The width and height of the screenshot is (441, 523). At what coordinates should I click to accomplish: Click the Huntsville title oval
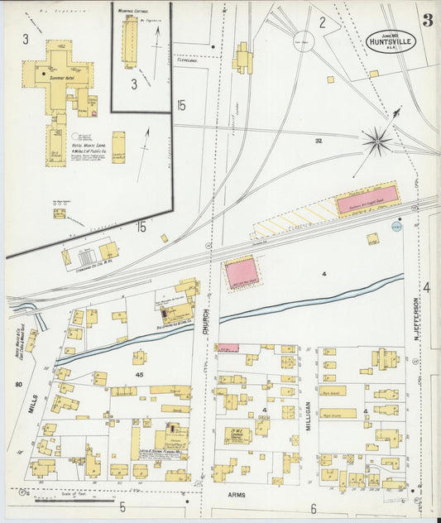coord(391,41)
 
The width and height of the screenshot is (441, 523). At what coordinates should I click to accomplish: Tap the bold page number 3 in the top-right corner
coord(427,21)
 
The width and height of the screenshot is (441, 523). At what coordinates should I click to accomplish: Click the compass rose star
coord(377,142)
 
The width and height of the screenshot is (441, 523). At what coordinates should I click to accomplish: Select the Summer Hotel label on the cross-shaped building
coord(62,78)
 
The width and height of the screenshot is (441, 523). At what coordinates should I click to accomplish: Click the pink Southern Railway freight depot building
coord(367,199)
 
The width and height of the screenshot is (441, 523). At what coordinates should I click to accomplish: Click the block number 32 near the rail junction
coord(318,142)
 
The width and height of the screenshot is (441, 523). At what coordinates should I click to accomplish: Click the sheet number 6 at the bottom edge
coord(314,508)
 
